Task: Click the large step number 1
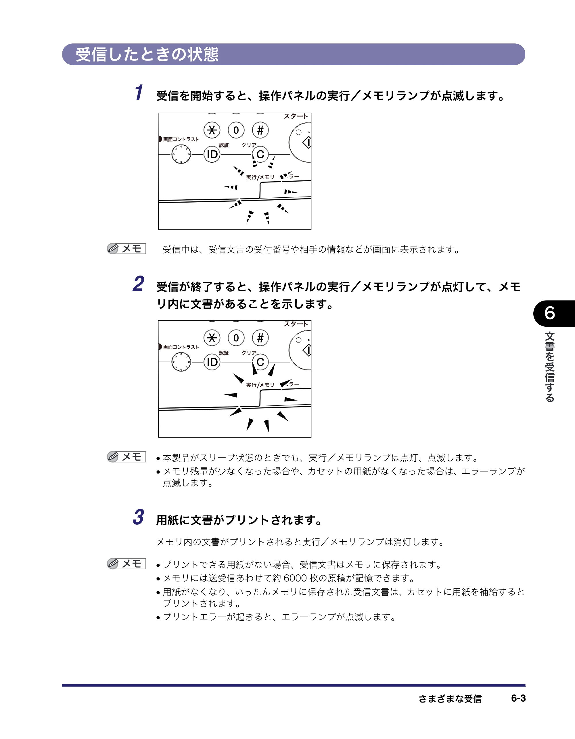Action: [x=139, y=93]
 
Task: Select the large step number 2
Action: [x=139, y=284]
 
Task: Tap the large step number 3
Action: [x=139, y=517]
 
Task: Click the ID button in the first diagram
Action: [x=212, y=154]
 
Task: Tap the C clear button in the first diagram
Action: [x=260, y=154]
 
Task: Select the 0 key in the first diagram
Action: [x=236, y=130]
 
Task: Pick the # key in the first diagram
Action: [x=260, y=130]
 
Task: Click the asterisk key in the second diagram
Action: [x=212, y=338]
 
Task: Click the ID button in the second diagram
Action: [x=212, y=362]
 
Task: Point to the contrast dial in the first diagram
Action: [x=181, y=154]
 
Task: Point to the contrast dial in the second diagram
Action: [x=181, y=362]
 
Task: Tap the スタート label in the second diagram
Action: [x=296, y=324]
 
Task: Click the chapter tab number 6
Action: [x=550, y=313]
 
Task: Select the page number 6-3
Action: [x=518, y=698]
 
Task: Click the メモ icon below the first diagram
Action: [x=126, y=249]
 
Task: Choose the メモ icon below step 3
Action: [x=126, y=563]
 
